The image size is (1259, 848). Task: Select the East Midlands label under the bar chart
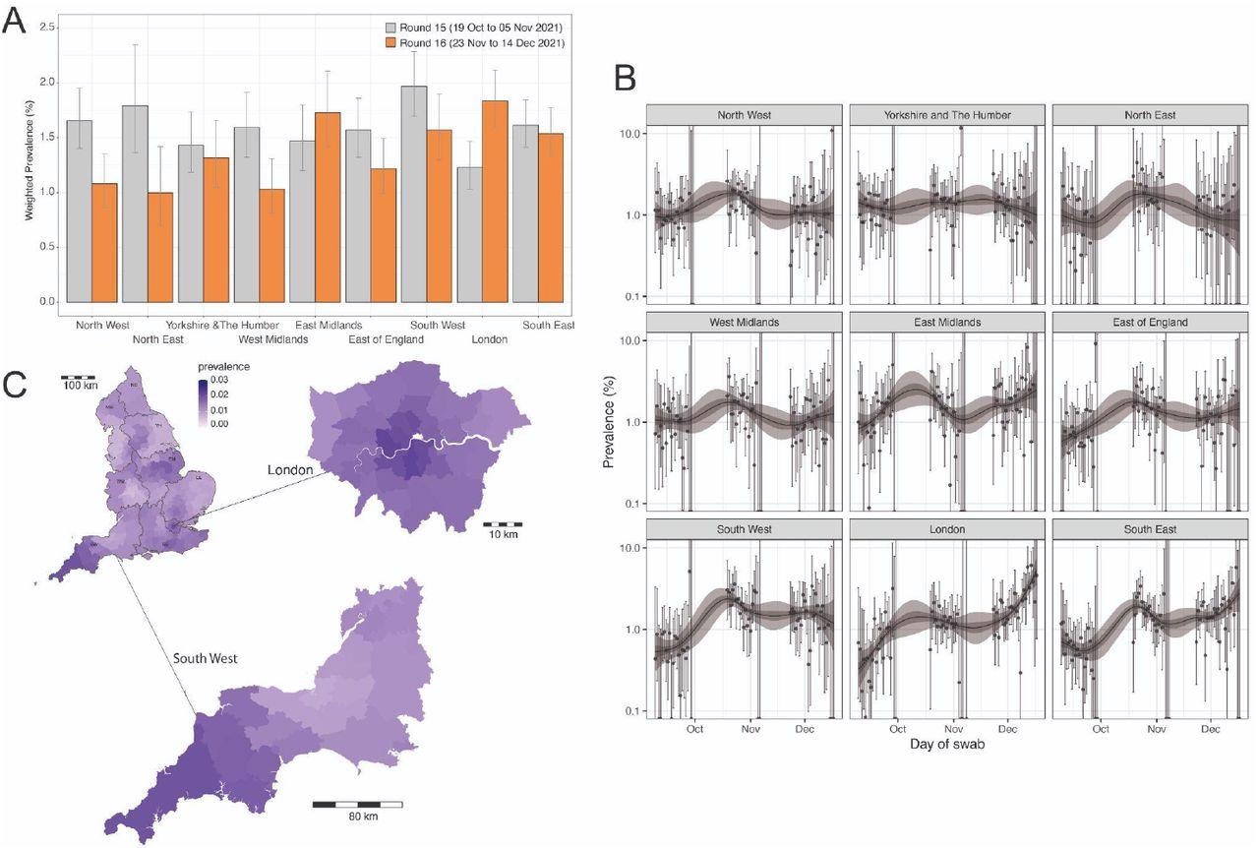pos(329,325)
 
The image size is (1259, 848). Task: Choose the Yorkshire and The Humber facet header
pos(946,114)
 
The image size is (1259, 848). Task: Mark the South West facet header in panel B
pos(744,529)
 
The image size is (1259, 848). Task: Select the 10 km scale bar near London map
pos(503,524)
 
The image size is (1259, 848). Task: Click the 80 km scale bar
pos(357,805)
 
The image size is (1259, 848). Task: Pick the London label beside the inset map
pos(290,470)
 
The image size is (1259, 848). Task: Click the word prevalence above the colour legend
pos(223,366)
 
